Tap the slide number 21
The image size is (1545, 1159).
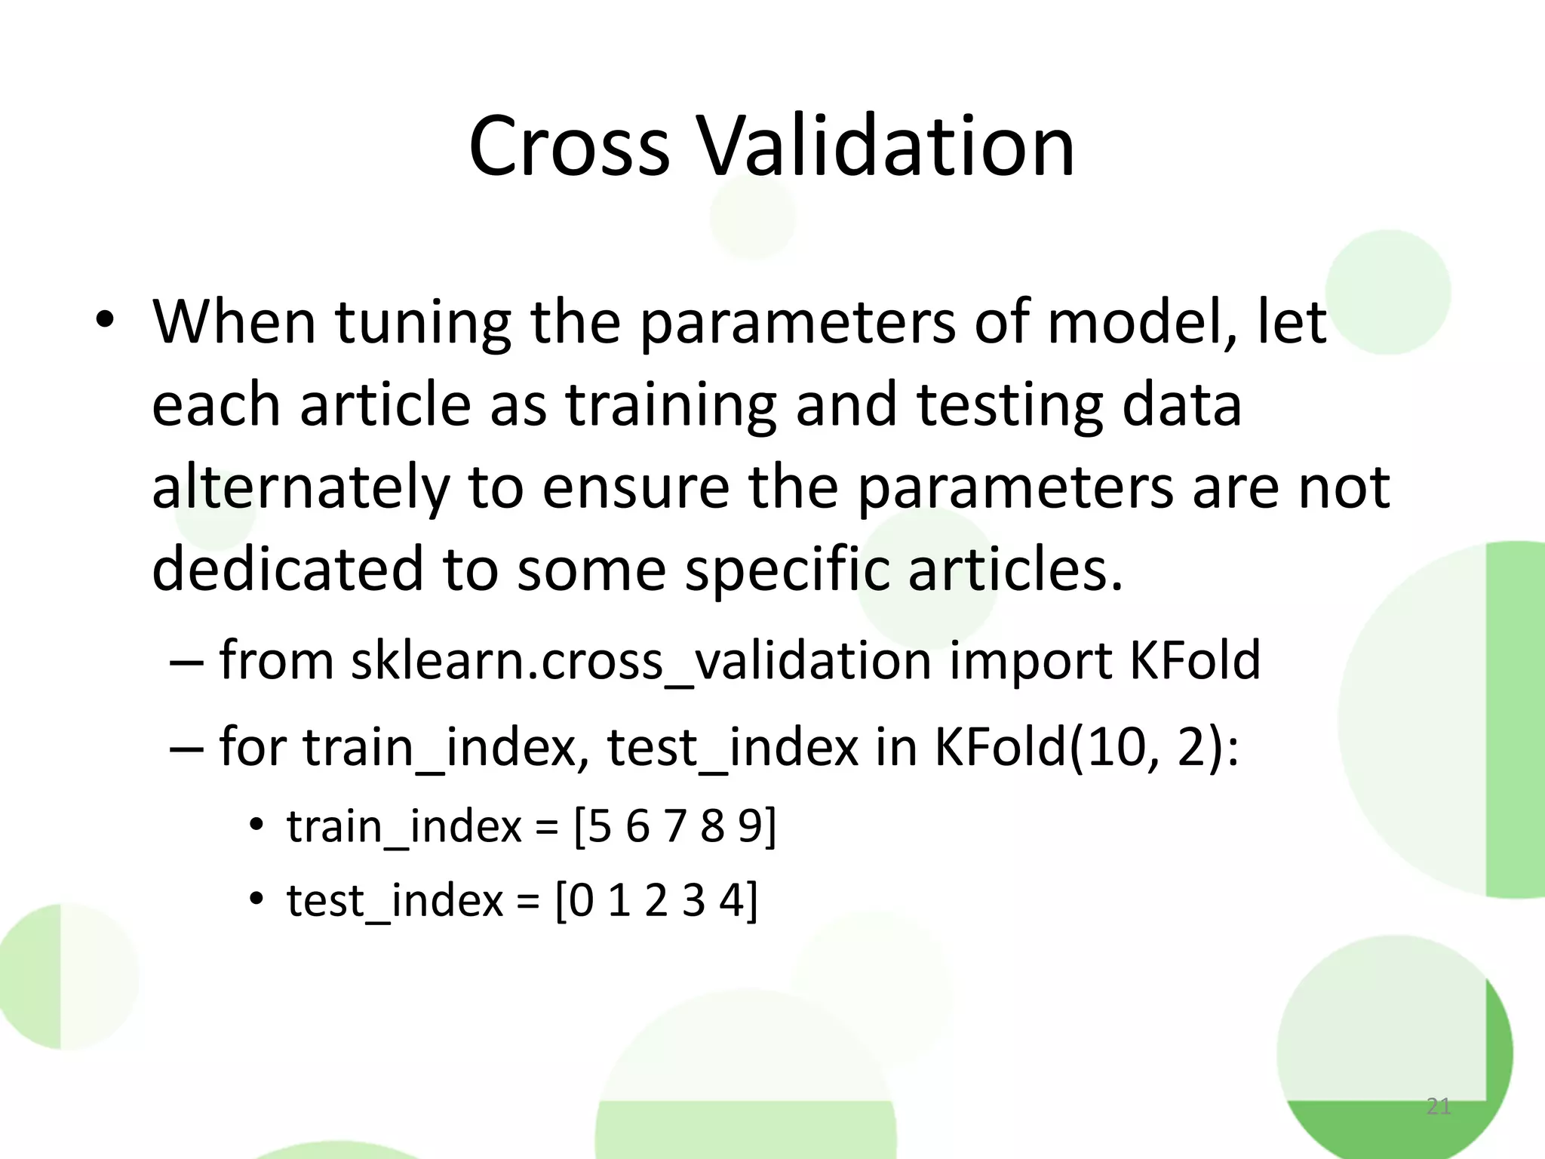tap(1438, 1106)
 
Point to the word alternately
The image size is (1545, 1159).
tap(300, 487)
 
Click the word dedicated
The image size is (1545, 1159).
tap(287, 569)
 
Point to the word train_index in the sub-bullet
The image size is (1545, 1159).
tap(404, 827)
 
